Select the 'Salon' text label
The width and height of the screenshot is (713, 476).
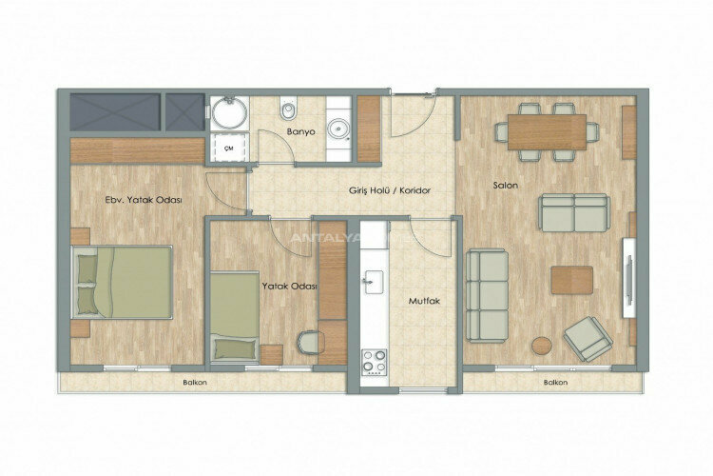(505, 185)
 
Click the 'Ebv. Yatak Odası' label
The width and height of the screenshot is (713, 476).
(144, 200)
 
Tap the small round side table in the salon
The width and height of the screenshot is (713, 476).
(542, 346)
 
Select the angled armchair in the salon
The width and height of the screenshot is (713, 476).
(588, 338)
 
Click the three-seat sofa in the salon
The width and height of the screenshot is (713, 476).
(488, 295)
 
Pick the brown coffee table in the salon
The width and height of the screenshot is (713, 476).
(571, 280)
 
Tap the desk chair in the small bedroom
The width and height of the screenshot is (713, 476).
(310, 340)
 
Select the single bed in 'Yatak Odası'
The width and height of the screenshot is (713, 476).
(235, 315)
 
